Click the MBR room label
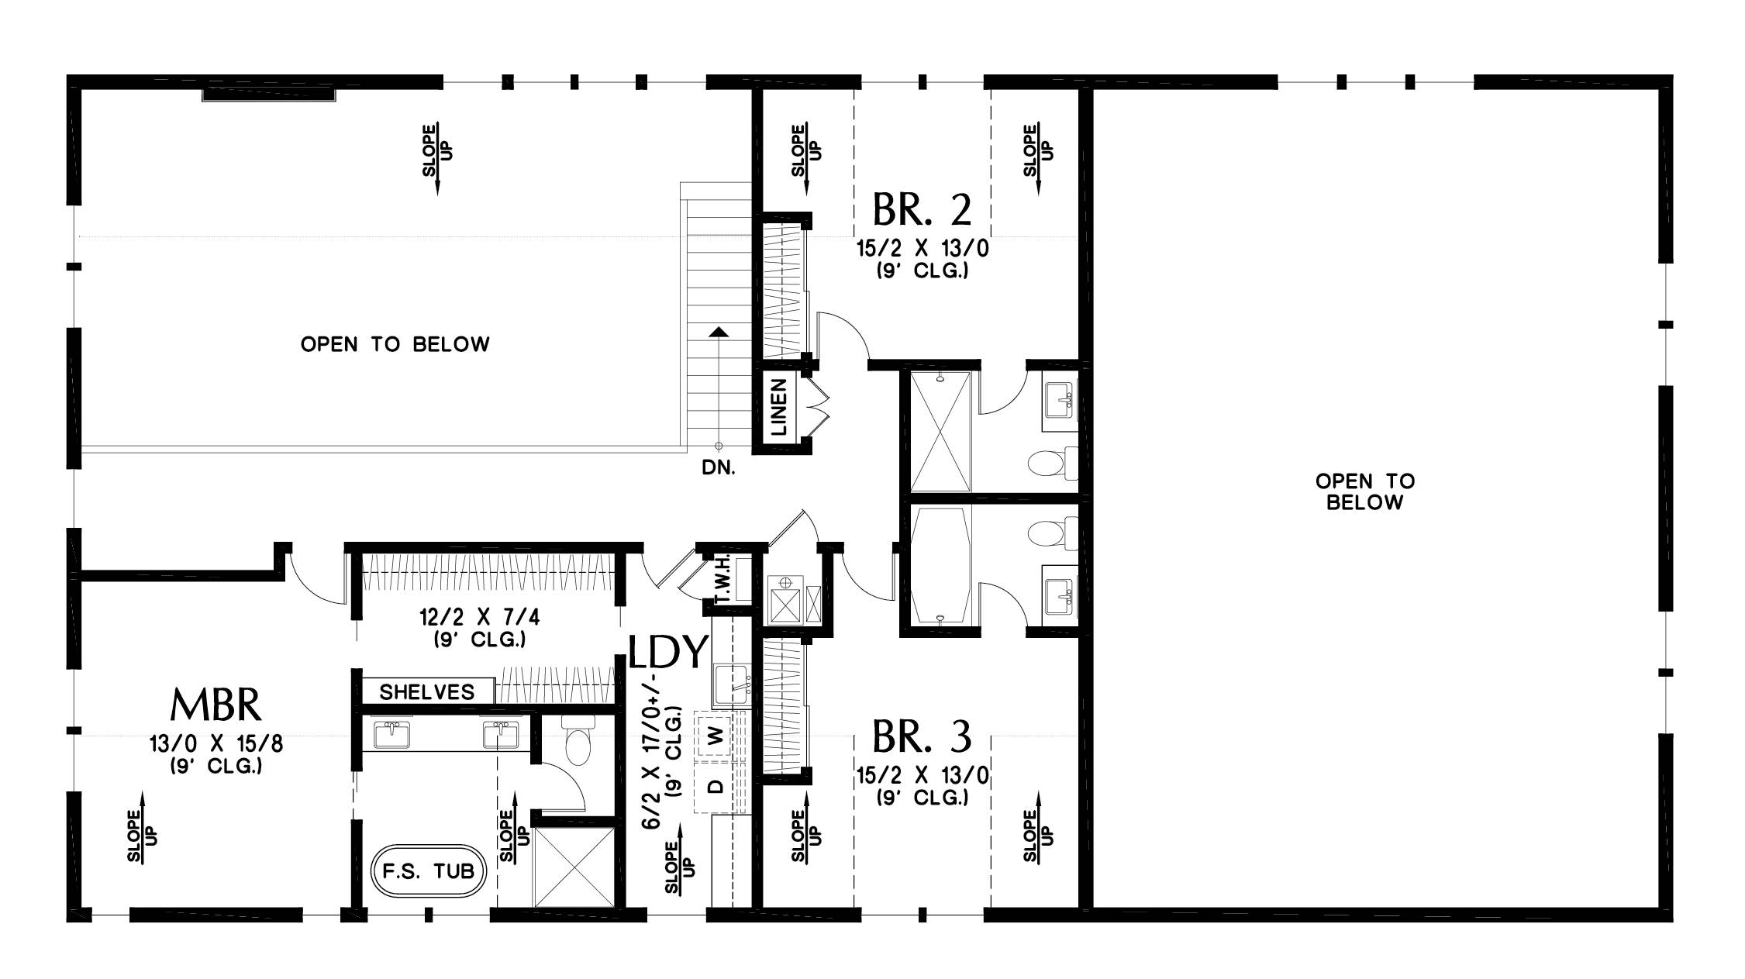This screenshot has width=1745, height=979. (x=216, y=705)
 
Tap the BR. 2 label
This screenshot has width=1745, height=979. (x=922, y=209)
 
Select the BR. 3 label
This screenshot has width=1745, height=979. (x=922, y=737)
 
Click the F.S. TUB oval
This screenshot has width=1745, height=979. (x=428, y=870)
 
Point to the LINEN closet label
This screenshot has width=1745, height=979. (x=779, y=406)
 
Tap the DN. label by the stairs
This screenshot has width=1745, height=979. (x=718, y=468)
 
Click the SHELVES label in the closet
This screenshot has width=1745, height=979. (x=426, y=692)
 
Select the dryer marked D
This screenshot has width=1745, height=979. (x=718, y=787)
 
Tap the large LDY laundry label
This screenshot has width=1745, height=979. (x=668, y=653)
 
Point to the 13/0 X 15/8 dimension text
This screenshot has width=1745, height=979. (x=216, y=745)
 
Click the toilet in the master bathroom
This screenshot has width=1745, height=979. (x=578, y=743)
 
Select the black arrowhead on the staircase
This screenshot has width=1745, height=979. (x=719, y=332)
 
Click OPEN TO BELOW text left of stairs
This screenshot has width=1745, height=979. (x=395, y=344)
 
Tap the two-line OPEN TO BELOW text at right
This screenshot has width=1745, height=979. (x=1364, y=491)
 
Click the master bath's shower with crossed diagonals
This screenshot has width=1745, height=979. (x=574, y=867)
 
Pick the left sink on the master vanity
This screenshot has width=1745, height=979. (x=392, y=734)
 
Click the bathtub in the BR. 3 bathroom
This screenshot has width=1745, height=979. (x=940, y=567)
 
